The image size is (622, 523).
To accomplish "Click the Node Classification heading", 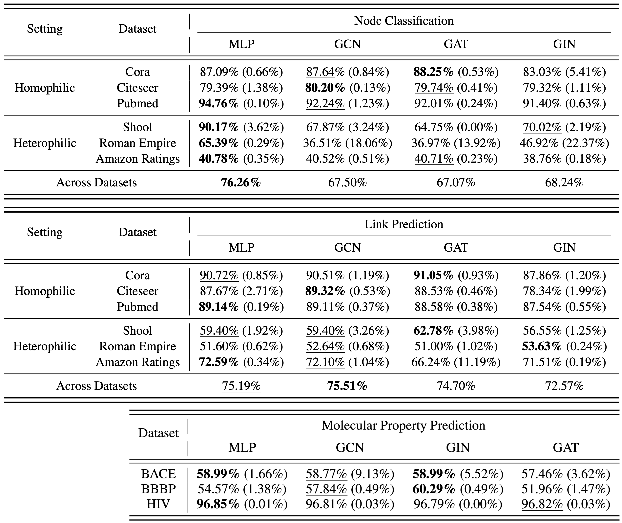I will coord(404,21).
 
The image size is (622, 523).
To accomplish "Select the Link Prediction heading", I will coord(404,224).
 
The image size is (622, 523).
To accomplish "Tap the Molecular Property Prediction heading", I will coord(403,426).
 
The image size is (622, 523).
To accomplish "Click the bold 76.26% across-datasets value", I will coord(241,182).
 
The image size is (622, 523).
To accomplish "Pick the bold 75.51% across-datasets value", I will coord(347,386).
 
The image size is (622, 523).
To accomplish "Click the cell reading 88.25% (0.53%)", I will coord(456,72).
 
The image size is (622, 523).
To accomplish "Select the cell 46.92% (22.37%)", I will coord(564,143).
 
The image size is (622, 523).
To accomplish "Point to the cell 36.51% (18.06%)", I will coord(347,143).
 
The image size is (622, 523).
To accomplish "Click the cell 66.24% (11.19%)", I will coord(456,362).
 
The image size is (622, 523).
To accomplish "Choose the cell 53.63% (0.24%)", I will coord(564,346).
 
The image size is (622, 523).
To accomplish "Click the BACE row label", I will coord(158,474).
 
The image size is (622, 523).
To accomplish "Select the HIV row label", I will coord(158,504).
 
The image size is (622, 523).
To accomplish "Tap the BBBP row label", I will coord(158,489).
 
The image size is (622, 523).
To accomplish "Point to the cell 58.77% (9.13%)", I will coord(350,474).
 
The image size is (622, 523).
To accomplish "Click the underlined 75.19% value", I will coord(241,386).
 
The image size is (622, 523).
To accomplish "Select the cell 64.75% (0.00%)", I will coord(456,127).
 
